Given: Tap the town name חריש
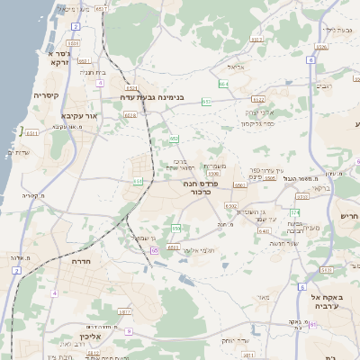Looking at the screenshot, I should click(349, 217).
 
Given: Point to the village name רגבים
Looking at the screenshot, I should click(324, 87).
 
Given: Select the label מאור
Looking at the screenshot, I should click(262, 296).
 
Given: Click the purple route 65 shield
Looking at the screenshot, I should click(155, 250).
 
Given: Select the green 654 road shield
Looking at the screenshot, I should click(222, 84).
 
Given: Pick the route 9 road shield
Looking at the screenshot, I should click(130, 331).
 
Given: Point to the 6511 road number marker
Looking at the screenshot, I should click(31, 132).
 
